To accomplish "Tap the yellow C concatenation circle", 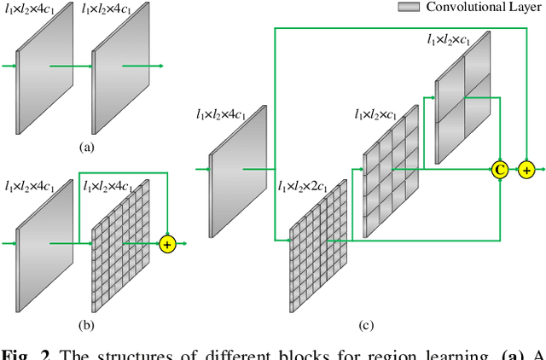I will click(x=500, y=170).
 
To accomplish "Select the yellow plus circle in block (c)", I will click(x=526, y=170).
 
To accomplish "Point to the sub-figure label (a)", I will click(x=86, y=146).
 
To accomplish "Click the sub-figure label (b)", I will click(x=86, y=324).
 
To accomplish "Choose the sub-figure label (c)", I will click(x=365, y=324).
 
